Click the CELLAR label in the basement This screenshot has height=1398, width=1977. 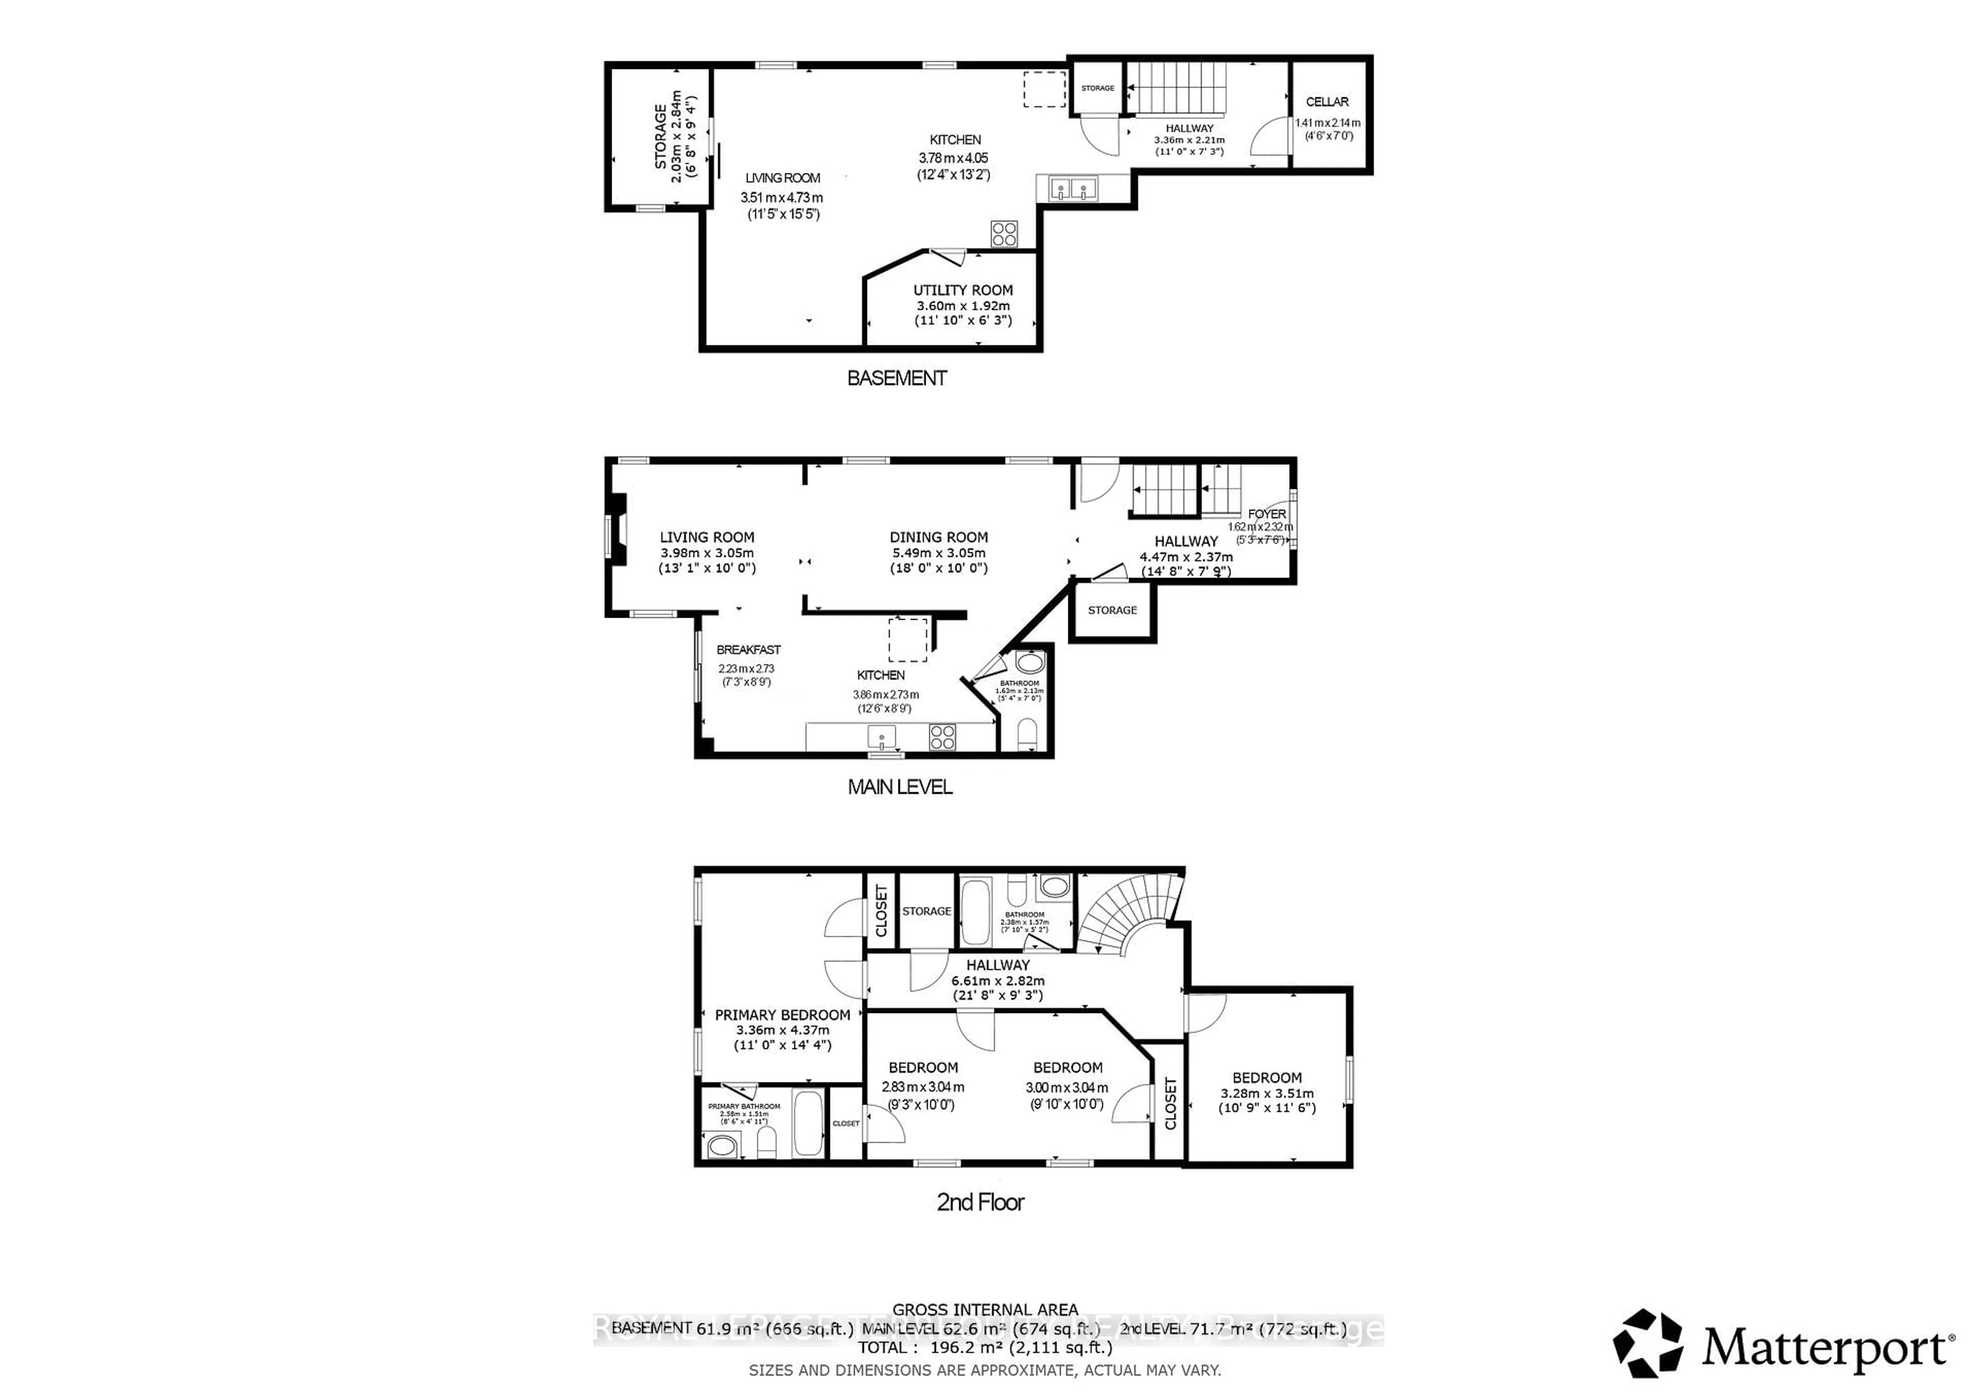pyautogui.click(x=1327, y=101)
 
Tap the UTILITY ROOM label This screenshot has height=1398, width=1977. pyautogui.click(x=963, y=290)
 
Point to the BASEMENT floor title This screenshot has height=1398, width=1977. pyautogui.click(x=896, y=378)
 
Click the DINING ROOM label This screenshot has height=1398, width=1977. pyautogui.click(x=939, y=537)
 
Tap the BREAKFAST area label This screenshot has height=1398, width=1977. pyautogui.click(x=748, y=650)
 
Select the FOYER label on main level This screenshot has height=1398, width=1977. pyautogui.click(x=1267, y=514)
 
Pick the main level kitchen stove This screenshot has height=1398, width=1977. pyautogui.click(x=942, y=737)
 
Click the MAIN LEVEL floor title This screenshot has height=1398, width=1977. pyautogui.click(x=900, y=787)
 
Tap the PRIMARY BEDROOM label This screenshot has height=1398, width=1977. pyautogui.click(x=782, y=1015)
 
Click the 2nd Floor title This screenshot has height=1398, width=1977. pyautogui.click(x=980, y=1202)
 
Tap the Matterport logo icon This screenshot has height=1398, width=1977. pyautogui.click(x=1647, y=1344)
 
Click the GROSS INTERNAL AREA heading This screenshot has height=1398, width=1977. pyautogui.click(x=984, y=1309)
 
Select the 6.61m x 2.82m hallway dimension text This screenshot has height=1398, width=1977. pyautogui.click(x=997, y=982)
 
